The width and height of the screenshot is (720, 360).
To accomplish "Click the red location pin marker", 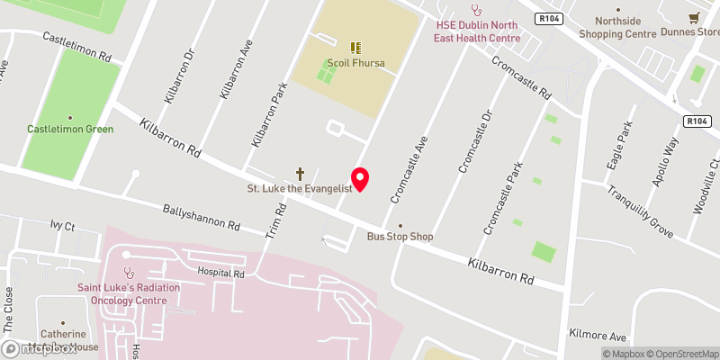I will click(x=360, y=179).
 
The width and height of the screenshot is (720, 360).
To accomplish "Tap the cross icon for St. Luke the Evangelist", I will click(x=301, y=173).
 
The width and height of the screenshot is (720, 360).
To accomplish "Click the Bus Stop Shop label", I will click(x=400, y=237).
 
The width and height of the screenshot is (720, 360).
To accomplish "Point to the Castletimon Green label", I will click(x=70, y=129).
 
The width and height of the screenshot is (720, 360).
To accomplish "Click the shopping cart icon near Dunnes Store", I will click(x=694, y=17).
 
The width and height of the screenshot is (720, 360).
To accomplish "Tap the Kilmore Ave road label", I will click(x=596, y=333).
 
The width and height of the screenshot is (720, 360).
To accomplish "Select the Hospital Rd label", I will click(x=220, y=272).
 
